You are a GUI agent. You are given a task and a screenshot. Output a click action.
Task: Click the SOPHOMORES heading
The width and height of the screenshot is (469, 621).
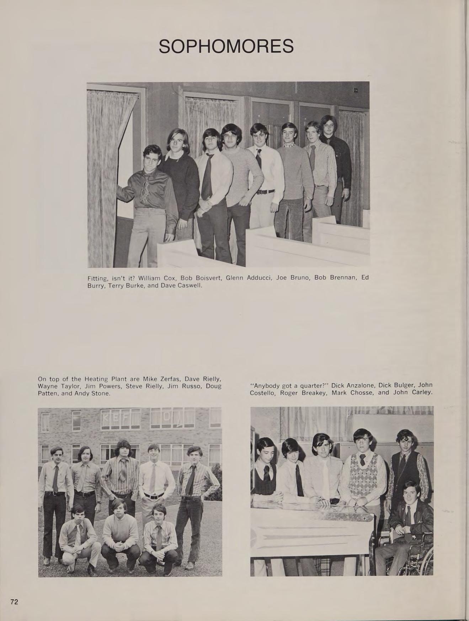(226, 47)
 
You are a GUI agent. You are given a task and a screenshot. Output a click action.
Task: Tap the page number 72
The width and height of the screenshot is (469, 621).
(14, 602)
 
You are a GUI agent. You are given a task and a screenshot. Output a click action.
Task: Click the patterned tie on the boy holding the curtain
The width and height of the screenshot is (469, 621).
(146, 189)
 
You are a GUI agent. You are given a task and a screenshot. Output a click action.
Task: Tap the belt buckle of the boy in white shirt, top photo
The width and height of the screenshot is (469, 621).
(262, 192)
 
